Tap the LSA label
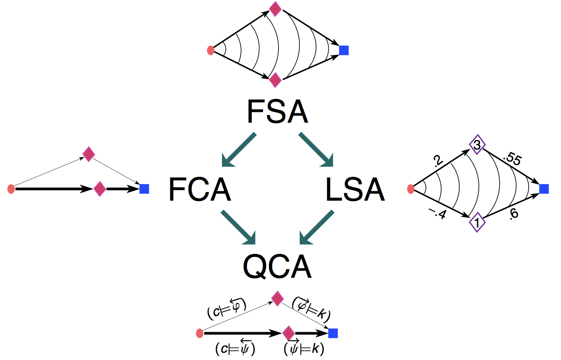click(355, 189)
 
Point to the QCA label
click(277, 266)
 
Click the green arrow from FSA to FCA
click(239, 150)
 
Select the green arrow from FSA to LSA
click(316, 150)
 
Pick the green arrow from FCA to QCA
click(238, 227)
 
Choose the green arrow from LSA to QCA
click(317, 227)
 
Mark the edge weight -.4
click(438, 214)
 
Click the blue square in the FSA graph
click(344, 50)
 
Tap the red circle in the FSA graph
click(210, 51)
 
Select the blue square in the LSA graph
click(544, 189)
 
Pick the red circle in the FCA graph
click(11, 189)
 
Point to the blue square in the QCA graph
click(333, 333)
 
